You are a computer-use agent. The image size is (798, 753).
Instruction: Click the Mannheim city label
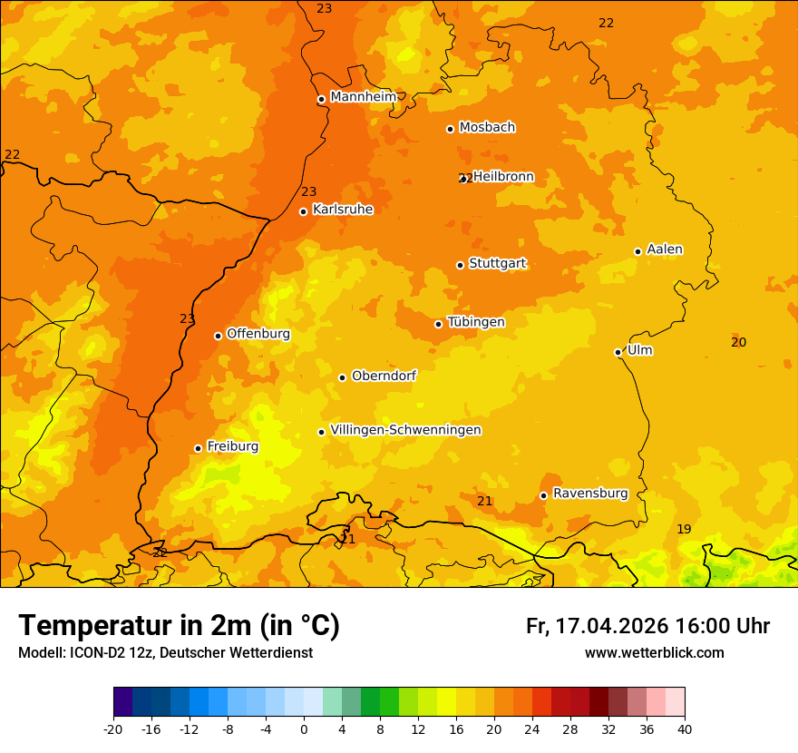coord(363,96)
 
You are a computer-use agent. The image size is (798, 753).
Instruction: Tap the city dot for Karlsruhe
coord(303,211)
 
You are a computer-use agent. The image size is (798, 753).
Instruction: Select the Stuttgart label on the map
coord(497,263)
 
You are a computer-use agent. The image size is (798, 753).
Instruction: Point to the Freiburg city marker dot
coord(198,448)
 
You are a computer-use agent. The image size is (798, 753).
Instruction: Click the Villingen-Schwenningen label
coord(405,430)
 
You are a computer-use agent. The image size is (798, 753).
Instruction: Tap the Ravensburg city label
coord(589,494)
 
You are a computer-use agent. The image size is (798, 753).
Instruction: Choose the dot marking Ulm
coord(618,352)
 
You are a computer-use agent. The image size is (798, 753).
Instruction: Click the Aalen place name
coord(664,249)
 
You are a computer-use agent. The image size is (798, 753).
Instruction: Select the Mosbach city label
coord(487,127)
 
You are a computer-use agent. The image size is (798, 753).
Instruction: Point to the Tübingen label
coord(476,322)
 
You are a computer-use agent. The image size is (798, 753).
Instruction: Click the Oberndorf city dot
coord(342,377)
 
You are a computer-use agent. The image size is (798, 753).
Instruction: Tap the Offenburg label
coord(258,333)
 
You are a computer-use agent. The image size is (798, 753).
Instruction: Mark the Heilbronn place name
coord(503,176)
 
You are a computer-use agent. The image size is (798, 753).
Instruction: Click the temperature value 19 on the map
coord(684,529)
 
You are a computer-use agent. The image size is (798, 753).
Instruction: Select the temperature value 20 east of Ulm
coord(738,342)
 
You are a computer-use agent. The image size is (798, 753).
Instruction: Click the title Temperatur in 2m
coord(179,626)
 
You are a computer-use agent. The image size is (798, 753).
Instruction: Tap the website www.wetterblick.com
coord(654,652)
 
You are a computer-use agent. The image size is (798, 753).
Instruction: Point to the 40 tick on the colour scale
coord(685,729)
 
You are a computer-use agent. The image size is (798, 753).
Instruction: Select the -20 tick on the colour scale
coord(113,729)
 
